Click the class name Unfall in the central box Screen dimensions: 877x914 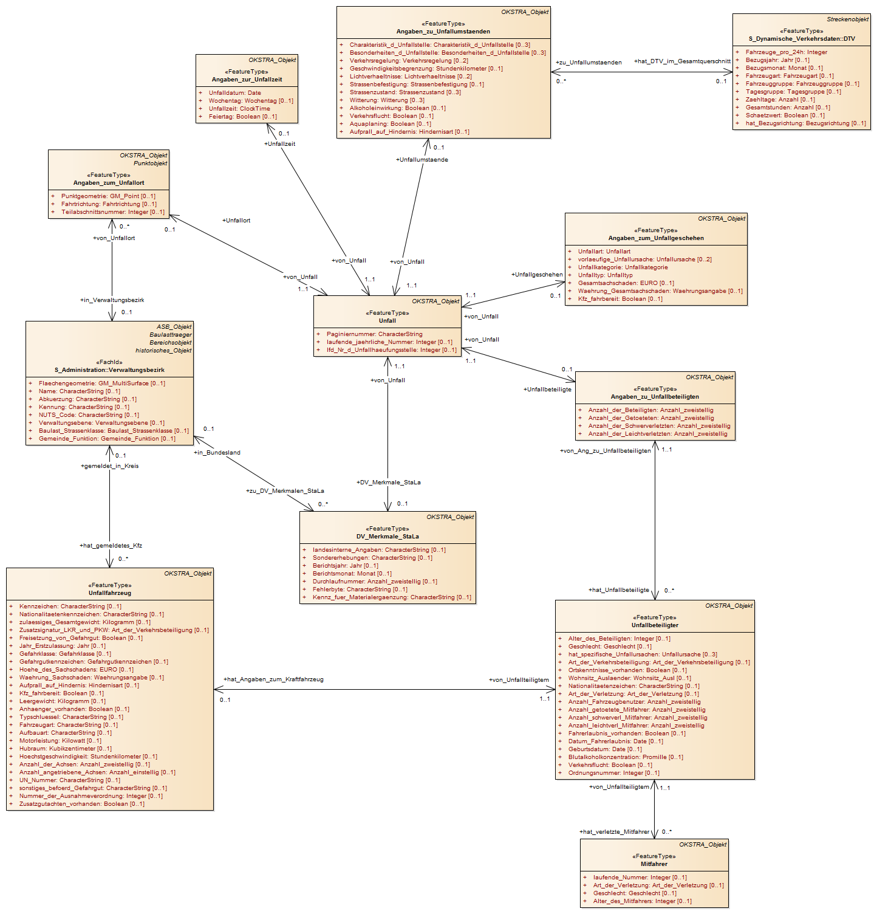click(387, 321)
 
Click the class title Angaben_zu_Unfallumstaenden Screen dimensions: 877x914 click(443, 32)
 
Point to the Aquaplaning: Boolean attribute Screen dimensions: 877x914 click(390, 124)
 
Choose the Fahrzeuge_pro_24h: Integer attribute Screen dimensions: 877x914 click(787, 52)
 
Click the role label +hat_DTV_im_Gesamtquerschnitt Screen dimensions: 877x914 click(682, 61)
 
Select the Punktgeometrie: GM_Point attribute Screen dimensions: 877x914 click(108, 196)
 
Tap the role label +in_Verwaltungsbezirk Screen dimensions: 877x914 click(112, 300)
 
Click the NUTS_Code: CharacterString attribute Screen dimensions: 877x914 click(89, 415)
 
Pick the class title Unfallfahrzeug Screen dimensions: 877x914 click(110, 593)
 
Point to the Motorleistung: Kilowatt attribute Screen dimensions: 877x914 click(60, 741)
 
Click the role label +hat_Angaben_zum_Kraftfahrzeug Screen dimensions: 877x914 click(273, 679)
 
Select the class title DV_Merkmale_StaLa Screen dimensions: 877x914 click(387, 537)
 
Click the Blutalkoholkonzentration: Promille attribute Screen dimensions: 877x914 click(626, 757)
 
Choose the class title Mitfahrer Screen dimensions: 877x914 click(654, 864)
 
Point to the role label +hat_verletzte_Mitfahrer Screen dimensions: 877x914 click(614, 832)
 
